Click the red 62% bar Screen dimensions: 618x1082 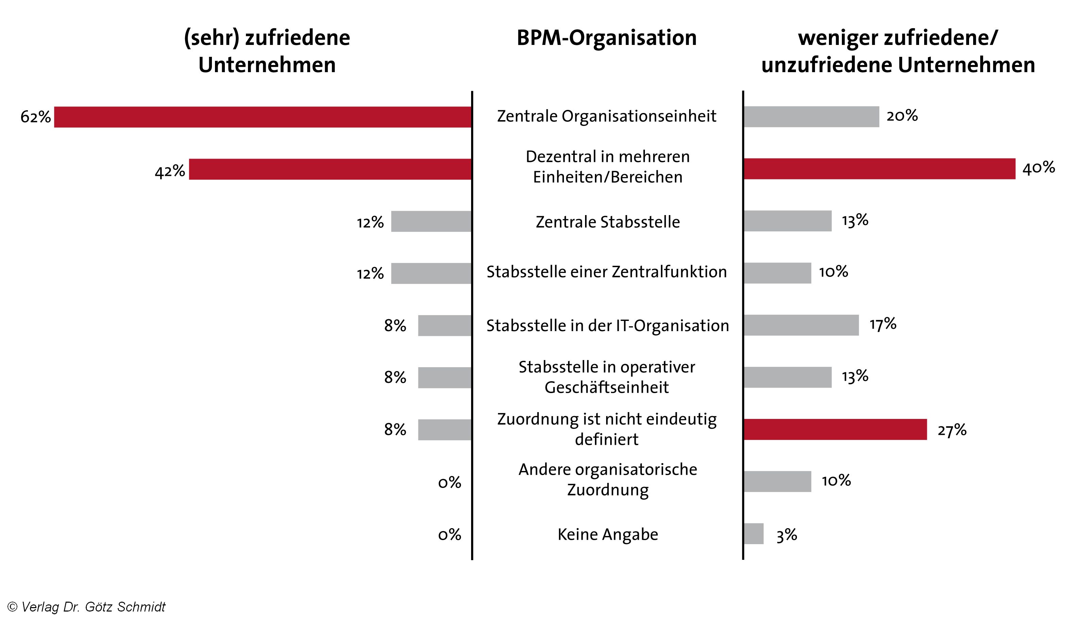pos(263,117)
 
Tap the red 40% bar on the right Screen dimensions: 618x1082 pos(879,168)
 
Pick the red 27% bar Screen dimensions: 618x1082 pos(835,429)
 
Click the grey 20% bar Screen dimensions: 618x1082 pos(811,117)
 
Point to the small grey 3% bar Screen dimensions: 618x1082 pos(753,534)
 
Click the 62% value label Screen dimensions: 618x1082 pos(36,117)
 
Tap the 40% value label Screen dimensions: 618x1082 pos(1038,168)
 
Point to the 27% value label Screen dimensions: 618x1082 pos(952,430)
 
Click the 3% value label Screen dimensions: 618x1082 pos(786,535)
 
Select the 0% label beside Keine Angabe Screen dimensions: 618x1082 pos(449,534)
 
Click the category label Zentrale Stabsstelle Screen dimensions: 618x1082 pos(607,222)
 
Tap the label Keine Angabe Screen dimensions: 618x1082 pos(607,534)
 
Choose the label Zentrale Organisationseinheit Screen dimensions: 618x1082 pos(606,116)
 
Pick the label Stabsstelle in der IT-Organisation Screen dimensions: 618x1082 pos(607,326)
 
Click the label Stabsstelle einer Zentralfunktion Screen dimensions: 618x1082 pos(606,272)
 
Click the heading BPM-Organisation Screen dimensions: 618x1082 pos(606,38)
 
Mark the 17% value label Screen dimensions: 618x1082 pos(883,324)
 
